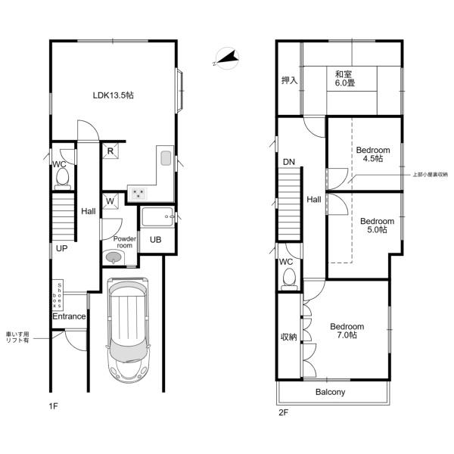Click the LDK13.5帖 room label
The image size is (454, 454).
tap(113, 95)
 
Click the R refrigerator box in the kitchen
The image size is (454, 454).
tap(110, 151)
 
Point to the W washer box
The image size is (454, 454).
tap(110, 201)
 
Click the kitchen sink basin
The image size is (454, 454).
tap(166, 158)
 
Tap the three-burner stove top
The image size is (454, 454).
tap(138, 194)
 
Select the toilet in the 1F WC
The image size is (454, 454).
tap(63, 179)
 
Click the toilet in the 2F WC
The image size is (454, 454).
tap(289, 279)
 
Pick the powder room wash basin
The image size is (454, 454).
tap(113, 257)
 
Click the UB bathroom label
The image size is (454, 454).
tap(156, 240)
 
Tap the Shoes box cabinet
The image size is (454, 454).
tap(58, 295)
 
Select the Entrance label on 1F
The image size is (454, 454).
tap(69, 316)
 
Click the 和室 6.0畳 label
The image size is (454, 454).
tap(345, 79)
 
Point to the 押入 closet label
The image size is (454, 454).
tap(290, 80)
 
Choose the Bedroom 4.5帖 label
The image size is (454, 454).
tap(373, 154)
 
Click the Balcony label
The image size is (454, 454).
tap(331, 392)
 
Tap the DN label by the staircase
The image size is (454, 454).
tap(289, 162)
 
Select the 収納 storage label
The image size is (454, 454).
tap(289, 337)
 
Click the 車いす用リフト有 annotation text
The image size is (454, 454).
tap(17, 337)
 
